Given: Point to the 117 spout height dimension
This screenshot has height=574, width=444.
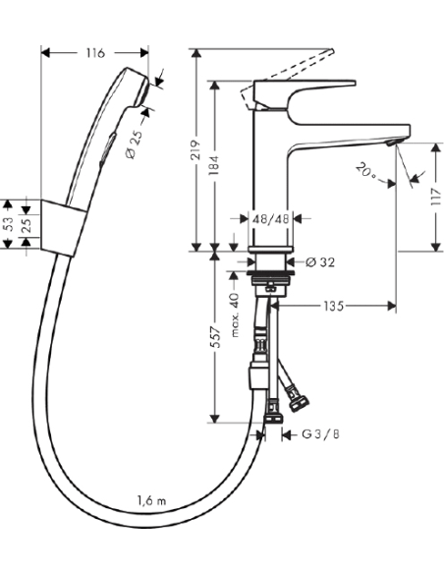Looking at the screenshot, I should point(433,196).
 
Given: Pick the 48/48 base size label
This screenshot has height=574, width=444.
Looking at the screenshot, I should point(270,220).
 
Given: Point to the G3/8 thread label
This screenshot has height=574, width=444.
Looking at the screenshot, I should point(321,433).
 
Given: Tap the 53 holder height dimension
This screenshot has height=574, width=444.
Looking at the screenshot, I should point(9,225).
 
